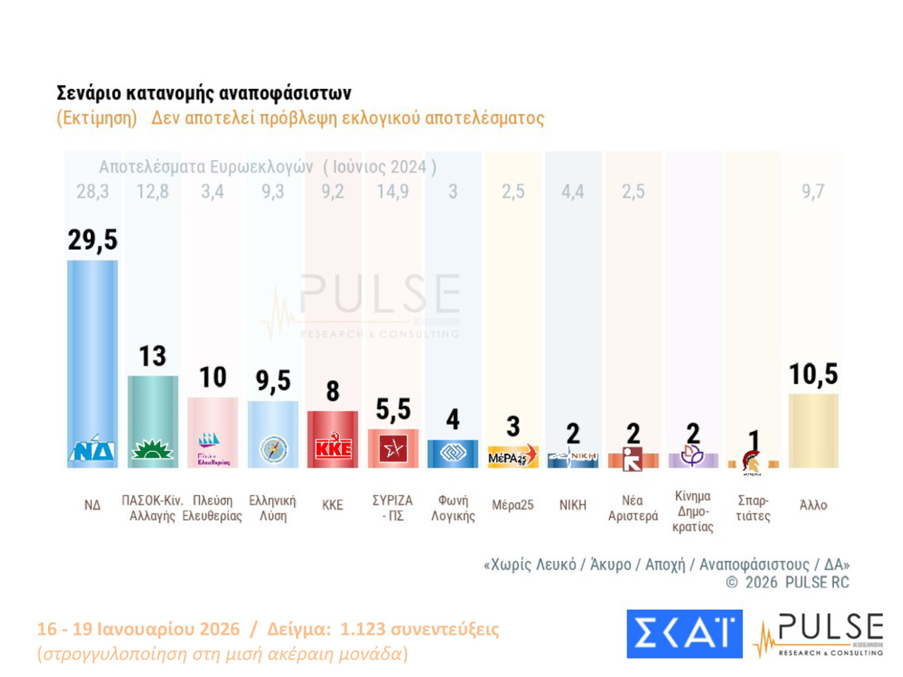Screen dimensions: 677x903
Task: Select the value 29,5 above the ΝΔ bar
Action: (92, 240)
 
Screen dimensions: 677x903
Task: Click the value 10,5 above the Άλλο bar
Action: (813, 374)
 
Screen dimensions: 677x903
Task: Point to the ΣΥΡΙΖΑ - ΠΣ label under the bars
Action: (392, 508)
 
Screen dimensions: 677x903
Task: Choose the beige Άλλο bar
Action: (813, 431)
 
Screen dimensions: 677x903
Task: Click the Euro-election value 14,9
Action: (392, 192)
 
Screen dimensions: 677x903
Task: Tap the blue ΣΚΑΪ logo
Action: (684, 634)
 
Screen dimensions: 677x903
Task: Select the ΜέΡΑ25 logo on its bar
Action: (512, 456)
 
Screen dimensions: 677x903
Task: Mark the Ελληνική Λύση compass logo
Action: (273, 449)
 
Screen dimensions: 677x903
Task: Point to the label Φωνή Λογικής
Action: (453, 508)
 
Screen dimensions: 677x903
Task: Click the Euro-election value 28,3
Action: (92, 192)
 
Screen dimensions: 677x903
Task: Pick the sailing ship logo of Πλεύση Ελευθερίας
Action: (209, 439)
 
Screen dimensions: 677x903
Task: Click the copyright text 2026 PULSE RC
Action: (797, 583)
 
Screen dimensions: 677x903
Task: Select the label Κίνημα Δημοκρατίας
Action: (693, 511)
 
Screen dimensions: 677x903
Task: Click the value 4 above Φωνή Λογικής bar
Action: (453, 419)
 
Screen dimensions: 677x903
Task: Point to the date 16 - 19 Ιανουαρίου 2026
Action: (138, 629)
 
